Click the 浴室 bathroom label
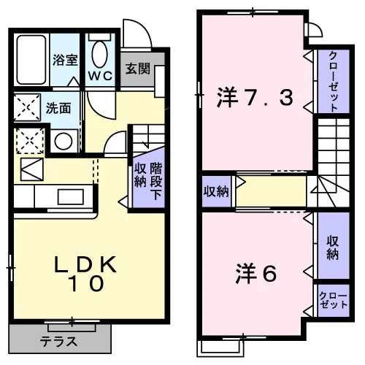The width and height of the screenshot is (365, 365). [65, 60]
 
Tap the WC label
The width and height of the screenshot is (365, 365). [100, 76]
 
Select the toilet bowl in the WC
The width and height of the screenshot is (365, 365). [100, 54]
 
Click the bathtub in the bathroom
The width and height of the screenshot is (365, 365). [31, 60]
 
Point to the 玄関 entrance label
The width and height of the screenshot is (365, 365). [138, 69]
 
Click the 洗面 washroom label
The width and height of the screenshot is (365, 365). [58, 108]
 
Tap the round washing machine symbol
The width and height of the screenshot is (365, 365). [64, 141]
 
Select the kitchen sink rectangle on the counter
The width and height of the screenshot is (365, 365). [71, 196]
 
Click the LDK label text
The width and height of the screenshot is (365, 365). [85, 264]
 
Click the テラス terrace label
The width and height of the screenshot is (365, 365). [58, 342]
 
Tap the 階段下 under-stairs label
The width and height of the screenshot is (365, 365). [156, 181]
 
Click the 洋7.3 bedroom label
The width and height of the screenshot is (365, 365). [255, 97]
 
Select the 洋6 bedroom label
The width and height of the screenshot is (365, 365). [256, 274]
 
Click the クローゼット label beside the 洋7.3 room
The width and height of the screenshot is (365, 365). [334, 82]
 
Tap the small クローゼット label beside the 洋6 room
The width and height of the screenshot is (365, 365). [334, 300]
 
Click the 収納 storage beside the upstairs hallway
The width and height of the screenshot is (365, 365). [216, 191]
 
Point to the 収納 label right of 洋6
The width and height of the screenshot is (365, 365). [332, 247]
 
